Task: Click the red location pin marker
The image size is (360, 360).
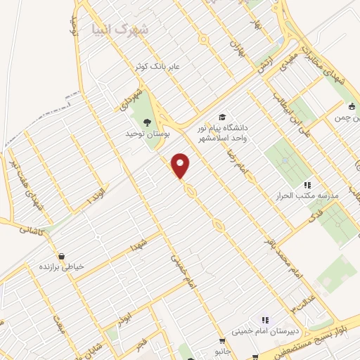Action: coord(181,166)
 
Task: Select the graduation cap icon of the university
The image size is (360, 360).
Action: coord(222,117)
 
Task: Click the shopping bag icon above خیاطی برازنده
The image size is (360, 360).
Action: coord(63,256)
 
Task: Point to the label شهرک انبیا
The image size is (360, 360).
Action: coord(121,29)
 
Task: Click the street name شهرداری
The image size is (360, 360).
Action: coord(137,98)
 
